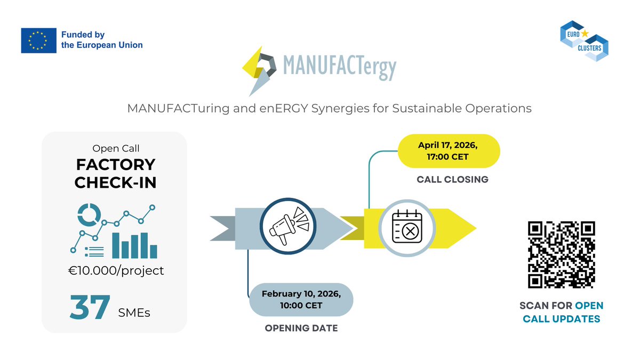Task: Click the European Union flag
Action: click(x=39, y=40)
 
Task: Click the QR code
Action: click(x=561, y=254)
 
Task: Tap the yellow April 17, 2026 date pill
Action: click(x=449, y=151)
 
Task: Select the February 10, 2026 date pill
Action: click(x=301, y=299)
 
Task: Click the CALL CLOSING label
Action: click(x=452, y=180)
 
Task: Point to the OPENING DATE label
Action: click(x=301, y=328)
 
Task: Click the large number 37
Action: click(x=89, y=308)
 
